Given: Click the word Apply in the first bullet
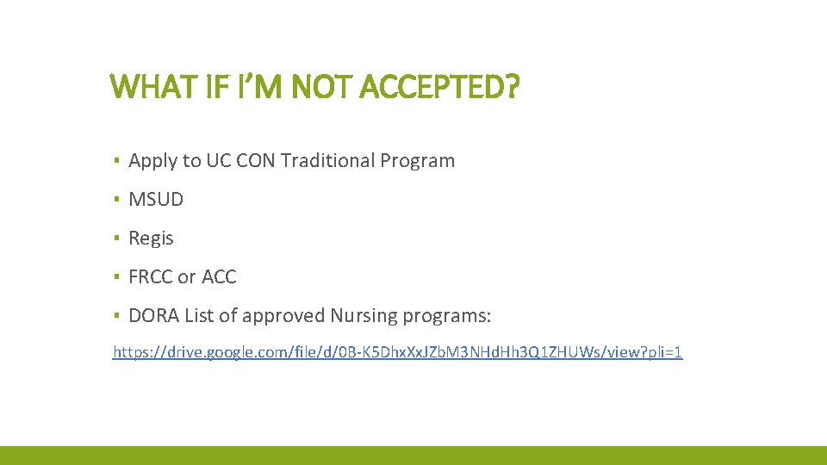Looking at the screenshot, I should click(x=152, y=161).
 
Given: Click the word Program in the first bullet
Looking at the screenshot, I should click(x=417, y=160).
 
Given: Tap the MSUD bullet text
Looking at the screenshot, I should click(x=156, y=200).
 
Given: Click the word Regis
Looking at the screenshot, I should click(x=151, y=239).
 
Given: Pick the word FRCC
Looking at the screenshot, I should click(x=150, y=277).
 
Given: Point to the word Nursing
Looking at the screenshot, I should click(x=360, y=316).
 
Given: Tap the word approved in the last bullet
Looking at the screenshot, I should click(x=283, y=316).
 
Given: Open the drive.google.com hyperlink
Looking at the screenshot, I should click(x=397, y=352).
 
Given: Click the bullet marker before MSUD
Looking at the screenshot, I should click(x=115, y=200).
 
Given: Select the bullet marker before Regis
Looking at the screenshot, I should click(x=115, y=239).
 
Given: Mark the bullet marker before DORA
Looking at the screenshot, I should click(x=115, y=316).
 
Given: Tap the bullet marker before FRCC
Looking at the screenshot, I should click(x=115, y=277).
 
